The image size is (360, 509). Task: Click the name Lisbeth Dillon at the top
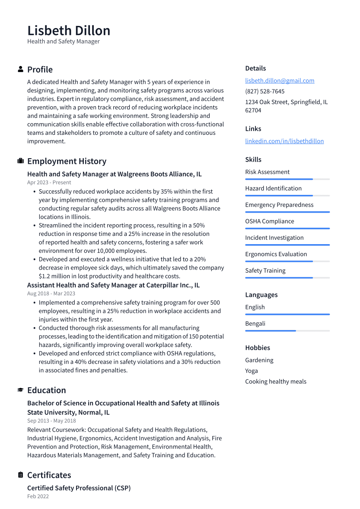tap(69, 31)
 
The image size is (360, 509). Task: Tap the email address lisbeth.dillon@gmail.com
tap(280, 80)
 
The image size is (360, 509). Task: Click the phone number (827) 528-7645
tap(264, 91)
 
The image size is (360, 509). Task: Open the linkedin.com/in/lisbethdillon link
tap(284, 141)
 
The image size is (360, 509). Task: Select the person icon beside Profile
tap(20, 69)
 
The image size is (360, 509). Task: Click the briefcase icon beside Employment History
tap(20, 161)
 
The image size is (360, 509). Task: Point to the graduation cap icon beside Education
tap(20, 390)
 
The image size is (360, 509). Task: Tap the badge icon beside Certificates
tap(20, 475)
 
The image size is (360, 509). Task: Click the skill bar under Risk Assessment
tap(287, 179)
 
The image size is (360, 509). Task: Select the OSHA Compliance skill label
tap(269, 221)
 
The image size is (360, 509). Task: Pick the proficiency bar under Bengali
tap(287, 331)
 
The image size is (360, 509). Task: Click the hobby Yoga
tap(251, 371)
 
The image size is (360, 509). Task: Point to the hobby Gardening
tap(259, 360)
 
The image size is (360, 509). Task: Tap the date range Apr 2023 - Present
tap(49, 182)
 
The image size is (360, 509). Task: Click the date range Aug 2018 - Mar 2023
tap(51, 293)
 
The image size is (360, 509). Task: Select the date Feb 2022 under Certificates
tap(38, 496)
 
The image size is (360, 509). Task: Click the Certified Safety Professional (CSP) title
tap(79, 488)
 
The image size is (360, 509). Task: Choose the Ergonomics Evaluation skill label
tap(276, 254)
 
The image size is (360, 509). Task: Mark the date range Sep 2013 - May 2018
tap(51, 420)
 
